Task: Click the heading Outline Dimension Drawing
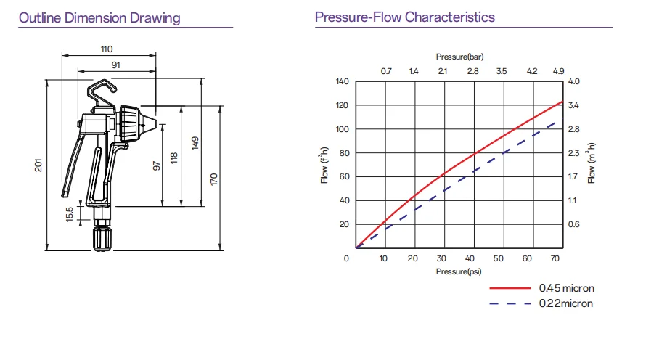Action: (x=99, y=17)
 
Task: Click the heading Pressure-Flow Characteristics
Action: (x=405, y=17)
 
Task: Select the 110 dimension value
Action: (x=107, y=49)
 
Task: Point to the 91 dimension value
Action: (x=115, y=65)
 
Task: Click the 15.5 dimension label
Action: (x=70, y=215)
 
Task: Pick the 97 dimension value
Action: (x=156, y=165)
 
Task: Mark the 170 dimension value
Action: (x=214, y=179)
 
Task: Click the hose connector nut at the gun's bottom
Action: (x=102, y=239)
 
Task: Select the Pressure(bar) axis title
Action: (x=459, y=56)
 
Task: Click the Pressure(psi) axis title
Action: (x=459, y=271)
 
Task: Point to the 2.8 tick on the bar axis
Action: (x=472, y=71)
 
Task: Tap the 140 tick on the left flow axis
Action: (x=343, y=81)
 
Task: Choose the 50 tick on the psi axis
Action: (x=498, y=259)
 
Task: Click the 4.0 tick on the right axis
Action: (x=573, y=81)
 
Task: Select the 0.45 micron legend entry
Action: (x=566, y=288)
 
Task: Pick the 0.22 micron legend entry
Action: (x=565, y=303)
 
